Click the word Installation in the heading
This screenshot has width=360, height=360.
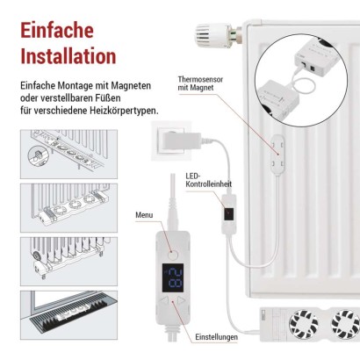click(68, 56)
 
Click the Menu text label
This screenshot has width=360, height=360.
click(144, 215)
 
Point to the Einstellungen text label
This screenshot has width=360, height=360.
click(216, 336)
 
